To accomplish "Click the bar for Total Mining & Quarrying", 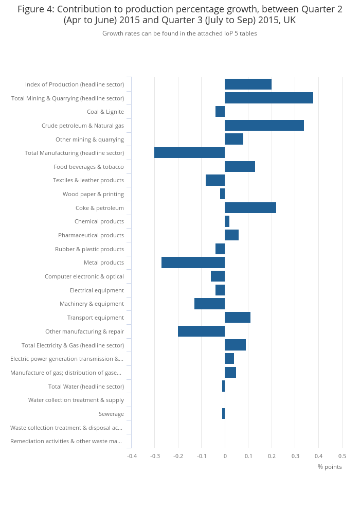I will pos(268,98).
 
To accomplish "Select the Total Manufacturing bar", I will pos(189,153).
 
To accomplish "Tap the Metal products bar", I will pos(193,262).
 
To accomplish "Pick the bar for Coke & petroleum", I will pos(250,208).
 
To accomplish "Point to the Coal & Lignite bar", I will pos(220,112).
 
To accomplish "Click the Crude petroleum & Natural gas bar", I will pos(264,126).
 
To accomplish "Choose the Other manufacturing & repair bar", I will pos(201,331).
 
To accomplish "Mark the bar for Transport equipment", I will pos(237,318).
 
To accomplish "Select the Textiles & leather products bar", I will pos(215,180).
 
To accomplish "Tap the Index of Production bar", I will pos(248,84).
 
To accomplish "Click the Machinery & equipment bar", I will pos(209,304).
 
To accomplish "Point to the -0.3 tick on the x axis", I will pos(155,456).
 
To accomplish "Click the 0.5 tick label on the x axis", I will pos(342,456).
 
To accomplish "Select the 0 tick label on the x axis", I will pos(225,456).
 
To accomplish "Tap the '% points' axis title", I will pos(330,467).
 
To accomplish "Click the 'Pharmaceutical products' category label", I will pos(91,235).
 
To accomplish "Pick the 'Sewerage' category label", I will pos(111,414).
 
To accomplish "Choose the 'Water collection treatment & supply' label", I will pos(76,400).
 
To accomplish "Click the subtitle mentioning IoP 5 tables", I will pos(179,33).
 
